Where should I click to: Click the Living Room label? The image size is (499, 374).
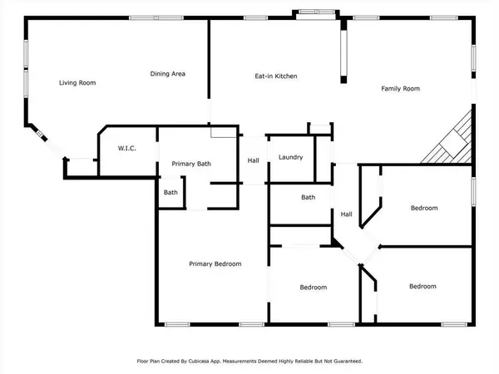(77, 82)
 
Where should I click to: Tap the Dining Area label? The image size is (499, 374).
(167, 74)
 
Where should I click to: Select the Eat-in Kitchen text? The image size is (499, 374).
(275, 76)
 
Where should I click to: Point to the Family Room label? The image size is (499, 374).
(400, 88)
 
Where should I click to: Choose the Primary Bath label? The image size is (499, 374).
(191, 164)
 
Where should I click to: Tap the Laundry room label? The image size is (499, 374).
(290, 157)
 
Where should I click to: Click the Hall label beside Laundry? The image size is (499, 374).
(253, 160)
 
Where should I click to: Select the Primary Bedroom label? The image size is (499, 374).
(215, 263)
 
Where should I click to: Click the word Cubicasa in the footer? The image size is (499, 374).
(219, 362)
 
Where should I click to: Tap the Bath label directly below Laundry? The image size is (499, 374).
(308, 197)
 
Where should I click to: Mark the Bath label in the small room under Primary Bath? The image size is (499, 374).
(170, 193)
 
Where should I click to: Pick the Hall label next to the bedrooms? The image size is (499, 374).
(346, 214)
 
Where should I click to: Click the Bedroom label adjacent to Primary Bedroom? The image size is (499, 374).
(313, 288)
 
